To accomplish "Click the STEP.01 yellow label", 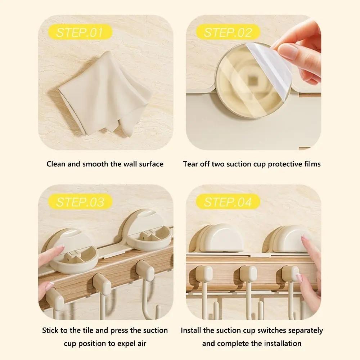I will pyautogui.click(x=79, y=33).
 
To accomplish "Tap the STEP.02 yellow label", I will pyautogui.click(x=228, y=33).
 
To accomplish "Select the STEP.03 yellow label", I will pyautogui.click(x=80, y=202).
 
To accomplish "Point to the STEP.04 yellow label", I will pyautogui.click(x=228, y=202).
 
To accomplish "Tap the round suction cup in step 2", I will pyautogui.click(x=248, y=81).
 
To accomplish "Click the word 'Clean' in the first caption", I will pyautogui.click(x=55, y=164).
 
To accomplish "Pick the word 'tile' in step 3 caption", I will pyautogui.click(x=86, y=330).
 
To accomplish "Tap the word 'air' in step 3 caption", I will pyautogui.click(x=141, y=343).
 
